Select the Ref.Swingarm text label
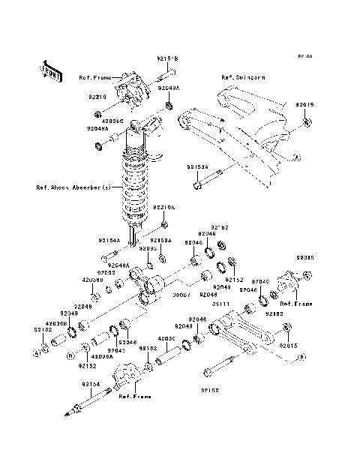pos(238,77)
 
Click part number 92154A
pos(109,241)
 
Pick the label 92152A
pos(160,241)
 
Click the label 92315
pos(304,257)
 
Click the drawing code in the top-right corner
pos(304,56)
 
